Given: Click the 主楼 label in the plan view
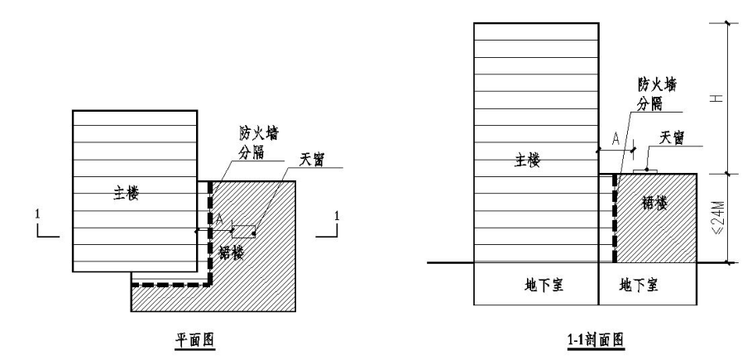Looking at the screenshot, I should (127, 194).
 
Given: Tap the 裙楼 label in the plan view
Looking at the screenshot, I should (232, 253).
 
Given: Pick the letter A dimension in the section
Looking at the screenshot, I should (615, 140).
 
